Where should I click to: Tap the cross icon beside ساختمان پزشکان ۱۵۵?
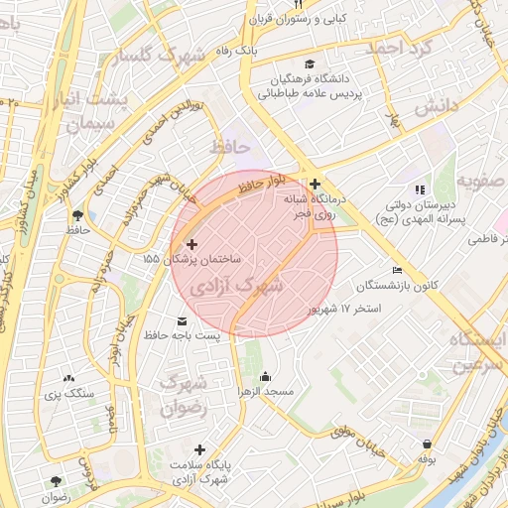(191, 244)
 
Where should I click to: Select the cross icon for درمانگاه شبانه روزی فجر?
(315, 184)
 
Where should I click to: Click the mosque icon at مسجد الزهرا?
(265, 377)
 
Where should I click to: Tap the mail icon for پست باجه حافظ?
(182, 321)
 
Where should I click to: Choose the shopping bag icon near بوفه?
(427, 444)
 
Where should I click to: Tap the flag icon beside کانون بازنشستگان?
(398, 271)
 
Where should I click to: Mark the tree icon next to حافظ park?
(76, 214)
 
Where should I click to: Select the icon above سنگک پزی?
(68, 378)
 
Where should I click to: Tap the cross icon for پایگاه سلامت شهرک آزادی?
(200, 450)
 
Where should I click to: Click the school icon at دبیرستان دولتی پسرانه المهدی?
(420, 189)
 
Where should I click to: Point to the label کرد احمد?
(402, 46)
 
